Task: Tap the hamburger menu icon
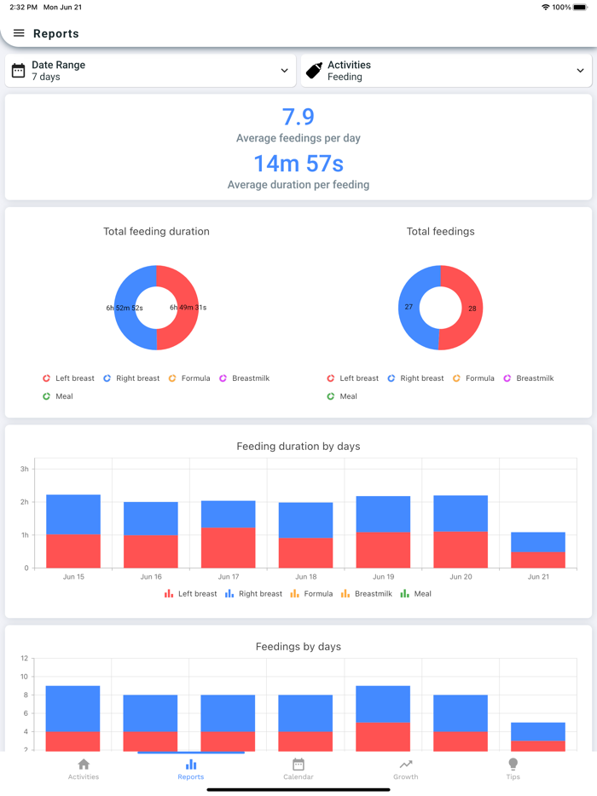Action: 19,33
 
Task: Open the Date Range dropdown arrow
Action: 284,71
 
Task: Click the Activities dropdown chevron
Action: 580,71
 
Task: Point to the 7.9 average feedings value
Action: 298,117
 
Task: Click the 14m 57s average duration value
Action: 298,163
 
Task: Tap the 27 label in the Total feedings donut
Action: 409,307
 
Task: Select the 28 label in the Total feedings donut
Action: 472,309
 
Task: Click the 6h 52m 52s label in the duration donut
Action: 125,308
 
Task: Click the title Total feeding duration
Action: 156,231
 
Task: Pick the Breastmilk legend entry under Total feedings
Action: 528,378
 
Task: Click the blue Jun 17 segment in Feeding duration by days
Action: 228,514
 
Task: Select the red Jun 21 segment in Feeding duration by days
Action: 538,560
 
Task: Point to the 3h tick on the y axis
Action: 25,470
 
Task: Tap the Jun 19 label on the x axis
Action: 383,577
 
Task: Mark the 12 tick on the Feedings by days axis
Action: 25,659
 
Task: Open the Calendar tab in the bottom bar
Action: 298,769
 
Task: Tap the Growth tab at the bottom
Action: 406,769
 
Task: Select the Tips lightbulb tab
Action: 513,769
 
